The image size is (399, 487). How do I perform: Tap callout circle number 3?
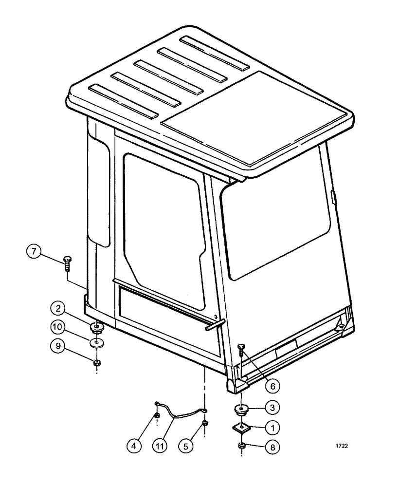pos(272,407)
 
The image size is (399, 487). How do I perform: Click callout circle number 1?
pos(272,427)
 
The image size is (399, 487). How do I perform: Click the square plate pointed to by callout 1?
pos(240,427)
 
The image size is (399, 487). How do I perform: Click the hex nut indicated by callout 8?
pos(242,446)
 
